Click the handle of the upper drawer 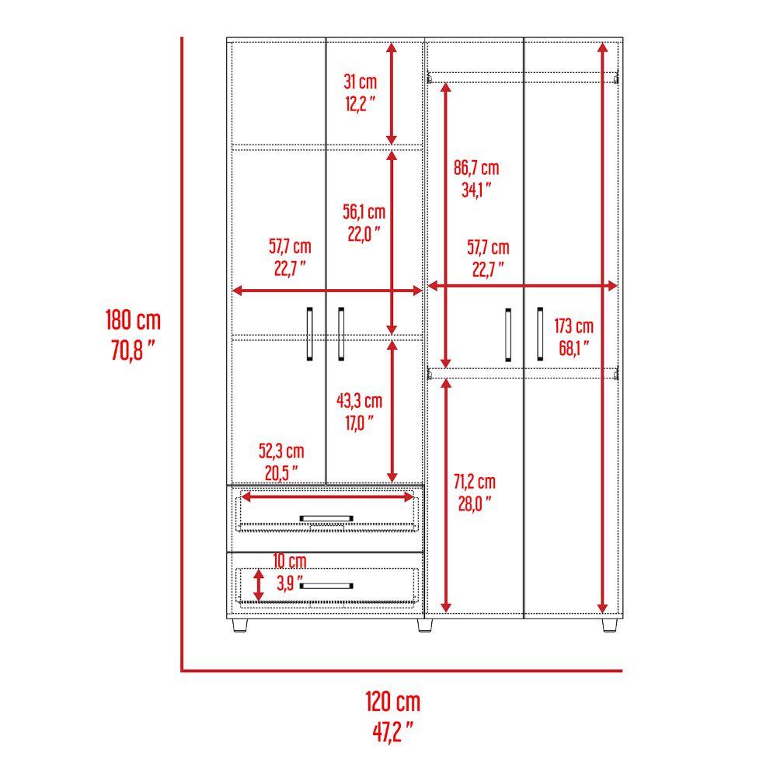[x=327, y=517]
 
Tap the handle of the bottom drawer [x=327, y=585]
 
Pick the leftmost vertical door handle [x=309, y=334]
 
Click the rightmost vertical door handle [x=538, y=334]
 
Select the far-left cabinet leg [x=237, y=625]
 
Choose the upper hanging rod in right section [x=524, y=75]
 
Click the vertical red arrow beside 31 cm [x=392, y=93]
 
